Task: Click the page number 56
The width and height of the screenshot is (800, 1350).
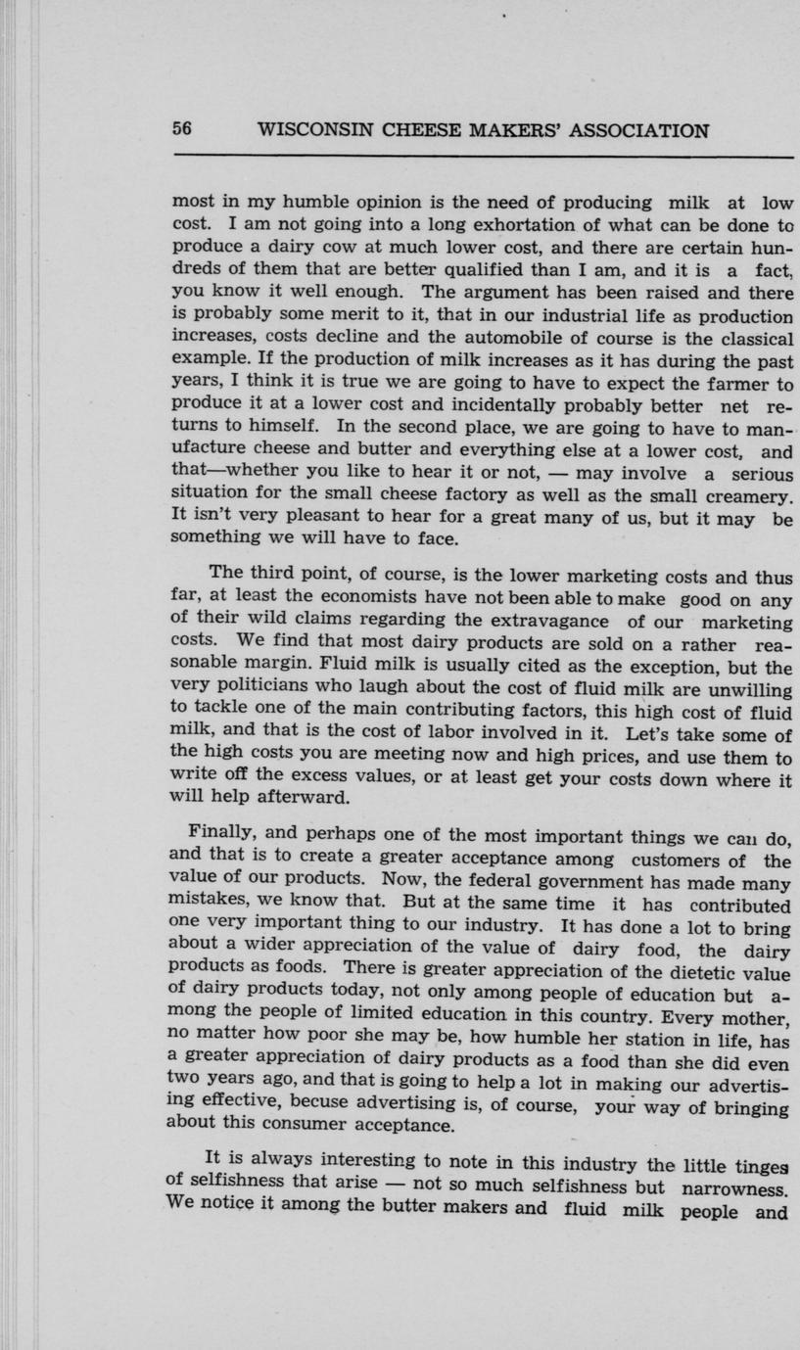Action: point(183,130)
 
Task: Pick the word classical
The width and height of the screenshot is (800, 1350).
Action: point(749,340)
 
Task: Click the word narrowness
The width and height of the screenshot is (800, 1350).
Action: point(741,1187)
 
